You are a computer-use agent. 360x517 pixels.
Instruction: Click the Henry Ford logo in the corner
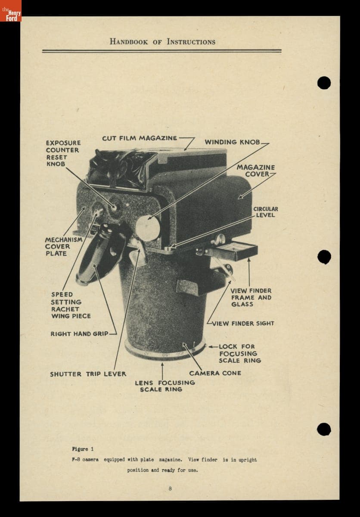(x=10, y=10)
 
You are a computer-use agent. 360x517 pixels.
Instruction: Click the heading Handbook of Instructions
(x=162, y=42)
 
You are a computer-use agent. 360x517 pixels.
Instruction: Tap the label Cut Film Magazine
(x=140, y=138)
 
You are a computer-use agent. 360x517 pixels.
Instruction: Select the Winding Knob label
(x=233, y=142)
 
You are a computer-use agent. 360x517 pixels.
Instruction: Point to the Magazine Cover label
(x=256, y=171)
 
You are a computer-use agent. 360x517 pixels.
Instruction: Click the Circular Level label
(x=265, y=212)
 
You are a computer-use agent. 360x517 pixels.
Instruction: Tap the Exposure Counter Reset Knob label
(x=63, y=153)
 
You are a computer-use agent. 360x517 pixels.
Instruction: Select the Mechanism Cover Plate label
(x=58, y=246)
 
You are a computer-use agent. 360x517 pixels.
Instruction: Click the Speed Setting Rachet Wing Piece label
(x=71, y=305)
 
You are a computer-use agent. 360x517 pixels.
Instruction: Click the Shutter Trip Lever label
(x=88, y=374)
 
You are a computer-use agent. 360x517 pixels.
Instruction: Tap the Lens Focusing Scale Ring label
(x=164, y=386)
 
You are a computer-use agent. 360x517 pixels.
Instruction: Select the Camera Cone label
(x=215, y=373)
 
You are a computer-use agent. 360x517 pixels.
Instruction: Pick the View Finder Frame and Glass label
(x=251, y=297)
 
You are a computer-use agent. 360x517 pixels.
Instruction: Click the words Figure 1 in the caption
(x=80, y=449)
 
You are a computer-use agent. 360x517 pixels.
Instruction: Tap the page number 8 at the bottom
(x=171, y=488)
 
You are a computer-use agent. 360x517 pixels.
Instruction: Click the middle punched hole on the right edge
(x=324, y=257)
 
